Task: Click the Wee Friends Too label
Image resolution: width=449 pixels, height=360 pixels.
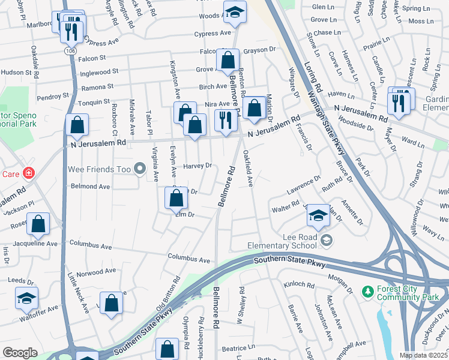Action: point(98,170)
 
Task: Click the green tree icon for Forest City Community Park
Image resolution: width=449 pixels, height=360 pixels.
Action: point(367,291)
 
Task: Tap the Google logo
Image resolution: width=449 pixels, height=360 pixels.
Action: point(20,353)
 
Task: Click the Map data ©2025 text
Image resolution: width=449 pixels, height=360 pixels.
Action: point(424,355)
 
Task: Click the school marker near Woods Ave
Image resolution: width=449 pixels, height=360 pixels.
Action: point(235,12)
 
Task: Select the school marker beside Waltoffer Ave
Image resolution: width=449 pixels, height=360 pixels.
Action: point(27,298)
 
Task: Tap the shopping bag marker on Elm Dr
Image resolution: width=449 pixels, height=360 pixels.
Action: point(175,199)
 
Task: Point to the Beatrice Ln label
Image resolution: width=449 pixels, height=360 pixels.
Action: point(234,348)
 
